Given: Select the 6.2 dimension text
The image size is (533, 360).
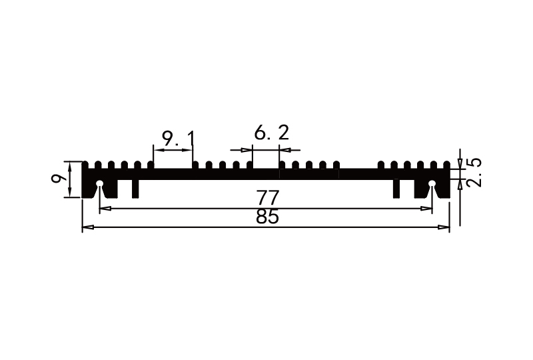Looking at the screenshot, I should tap(271, 133).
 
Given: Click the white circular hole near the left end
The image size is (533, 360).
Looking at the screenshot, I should tap(99, 184).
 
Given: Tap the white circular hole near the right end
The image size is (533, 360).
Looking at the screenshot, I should tap(432, 184).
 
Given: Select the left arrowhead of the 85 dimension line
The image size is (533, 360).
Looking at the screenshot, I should tap(86, 228).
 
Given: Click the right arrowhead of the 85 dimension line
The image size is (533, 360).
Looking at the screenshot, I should tap(446, 228).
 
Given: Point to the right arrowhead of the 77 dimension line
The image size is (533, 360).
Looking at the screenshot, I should tap(428, 209).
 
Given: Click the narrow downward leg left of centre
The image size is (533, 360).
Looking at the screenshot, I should tap(135, 189).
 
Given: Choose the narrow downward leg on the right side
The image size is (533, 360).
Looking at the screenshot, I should tap(396, 189).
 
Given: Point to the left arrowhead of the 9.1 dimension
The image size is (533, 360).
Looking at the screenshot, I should tap(157, 149).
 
